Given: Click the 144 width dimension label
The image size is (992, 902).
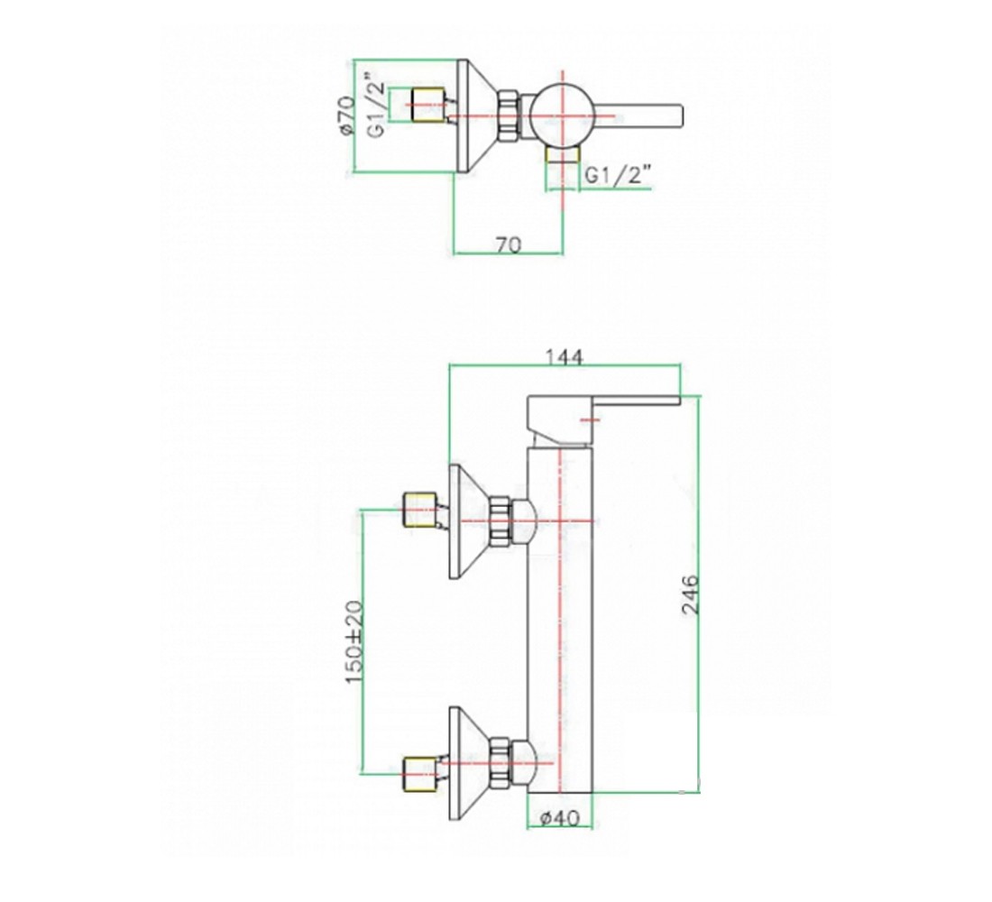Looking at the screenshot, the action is point(564,357).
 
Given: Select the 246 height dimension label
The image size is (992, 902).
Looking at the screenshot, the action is point(691,594).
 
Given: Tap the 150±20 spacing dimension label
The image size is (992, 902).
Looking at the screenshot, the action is point(354,642).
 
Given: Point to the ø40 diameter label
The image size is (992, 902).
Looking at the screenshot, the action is point(560,818).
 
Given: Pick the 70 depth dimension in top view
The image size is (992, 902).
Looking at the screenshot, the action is point(509,244).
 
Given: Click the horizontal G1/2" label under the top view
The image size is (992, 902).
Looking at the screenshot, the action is point(618,175).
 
